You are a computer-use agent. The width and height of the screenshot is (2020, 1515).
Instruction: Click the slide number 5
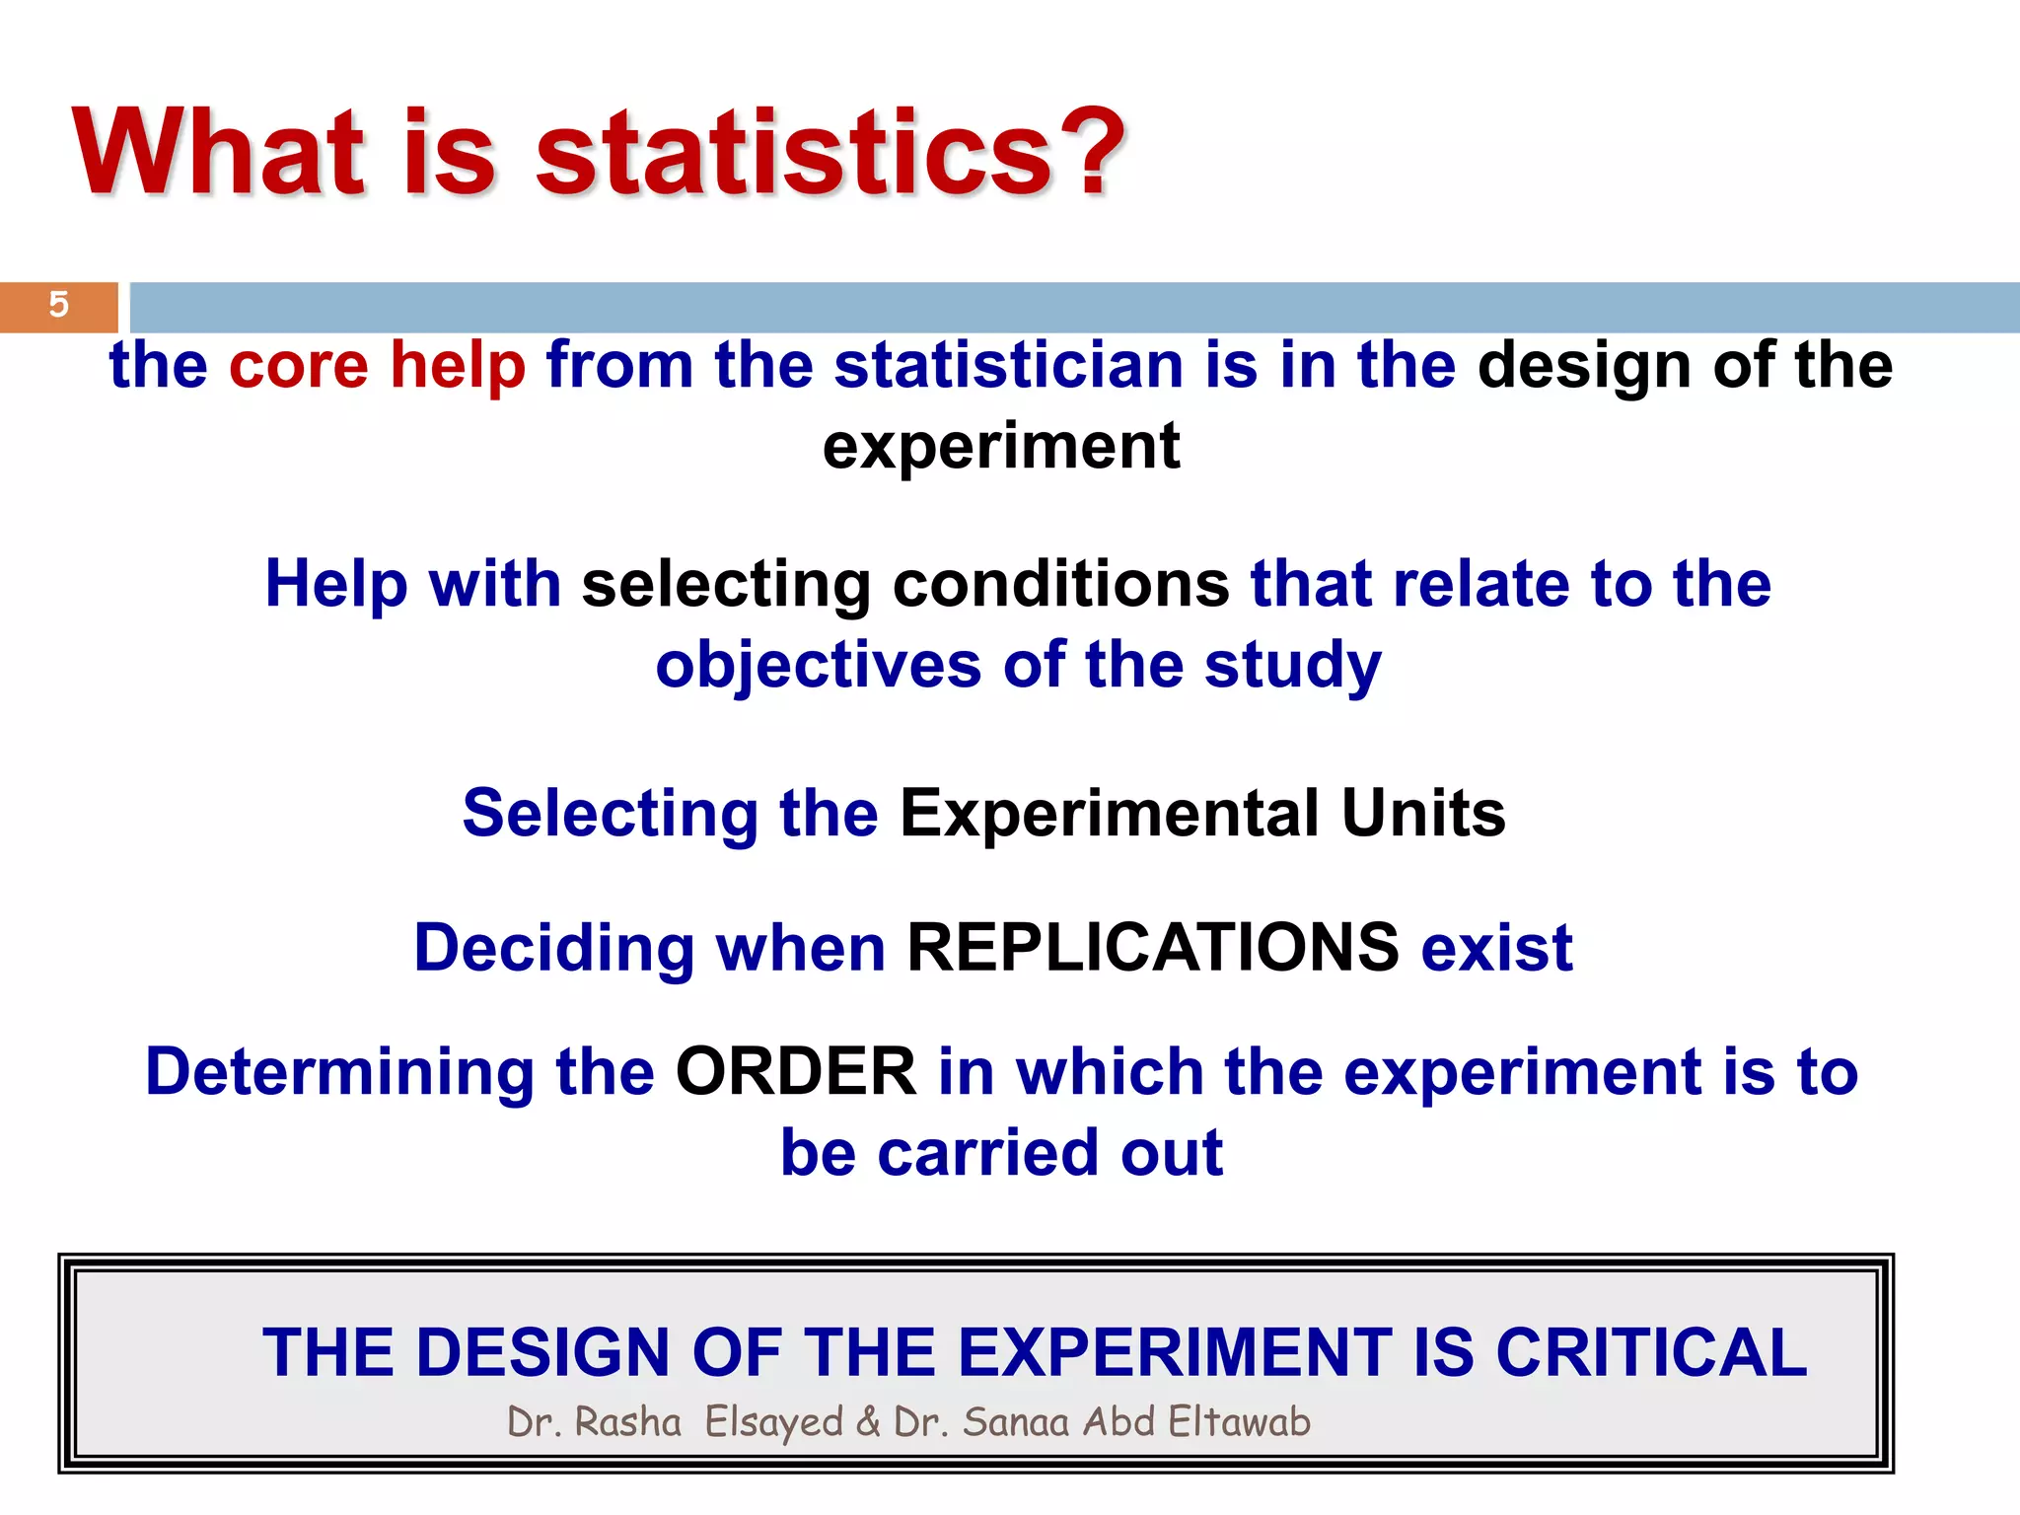58,305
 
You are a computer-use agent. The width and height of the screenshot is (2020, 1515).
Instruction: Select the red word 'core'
299,365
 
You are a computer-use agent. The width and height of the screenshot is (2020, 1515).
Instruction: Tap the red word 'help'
458,367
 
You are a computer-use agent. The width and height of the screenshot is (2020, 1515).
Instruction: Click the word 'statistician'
1007,365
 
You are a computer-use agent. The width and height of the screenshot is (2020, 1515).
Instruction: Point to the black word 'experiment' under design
1001,447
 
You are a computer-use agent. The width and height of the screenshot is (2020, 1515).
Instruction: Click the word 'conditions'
1060,584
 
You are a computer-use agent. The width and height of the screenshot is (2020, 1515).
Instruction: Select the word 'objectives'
818,666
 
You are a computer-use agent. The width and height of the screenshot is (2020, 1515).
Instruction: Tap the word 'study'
1292,666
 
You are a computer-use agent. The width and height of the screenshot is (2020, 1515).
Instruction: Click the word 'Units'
1423,814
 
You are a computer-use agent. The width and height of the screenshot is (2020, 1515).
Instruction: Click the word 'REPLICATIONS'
1152,948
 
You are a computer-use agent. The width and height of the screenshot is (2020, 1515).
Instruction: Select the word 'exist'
1496,948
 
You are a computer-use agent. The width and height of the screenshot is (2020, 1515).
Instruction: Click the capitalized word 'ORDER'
795,1072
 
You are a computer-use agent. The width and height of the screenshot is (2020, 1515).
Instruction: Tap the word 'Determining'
339,1073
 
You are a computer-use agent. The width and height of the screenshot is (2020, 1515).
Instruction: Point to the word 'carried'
987,1153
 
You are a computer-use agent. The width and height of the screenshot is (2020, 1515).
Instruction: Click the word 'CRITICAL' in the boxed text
1650,1352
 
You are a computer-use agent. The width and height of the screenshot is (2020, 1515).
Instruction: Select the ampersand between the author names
868,1422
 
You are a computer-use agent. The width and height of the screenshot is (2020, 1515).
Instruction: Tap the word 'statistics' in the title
795,154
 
